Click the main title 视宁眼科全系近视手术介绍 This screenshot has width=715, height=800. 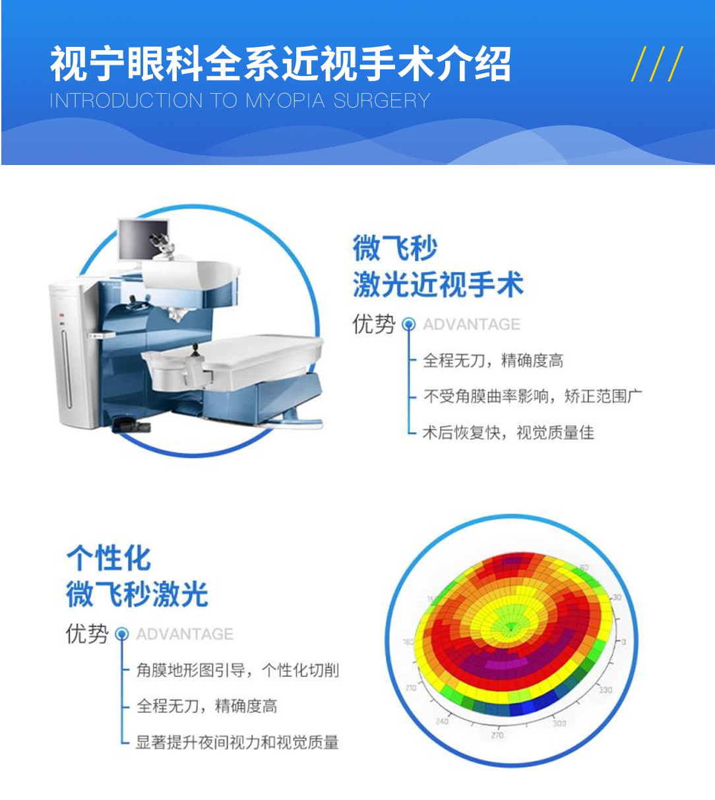pos(280,63)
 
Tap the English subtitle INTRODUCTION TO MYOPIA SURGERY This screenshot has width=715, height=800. pos(240,100)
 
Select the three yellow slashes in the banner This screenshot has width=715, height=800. pos(656,64)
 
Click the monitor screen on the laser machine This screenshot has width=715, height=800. pos(144,240)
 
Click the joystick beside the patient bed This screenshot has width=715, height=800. pos(195,350)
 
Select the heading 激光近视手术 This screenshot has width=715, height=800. pos(438,284)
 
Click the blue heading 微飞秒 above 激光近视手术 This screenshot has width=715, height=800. pos(395,248)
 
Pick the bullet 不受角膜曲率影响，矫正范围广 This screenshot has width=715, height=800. pos(533,396)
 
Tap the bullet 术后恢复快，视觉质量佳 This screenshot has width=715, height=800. pos(509,432)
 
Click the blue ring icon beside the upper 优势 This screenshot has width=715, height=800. pos(408,324)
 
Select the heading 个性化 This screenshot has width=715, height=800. pos(109,558)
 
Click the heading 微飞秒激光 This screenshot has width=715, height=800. pos(137,594)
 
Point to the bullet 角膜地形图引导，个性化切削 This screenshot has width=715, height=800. pos(237,670)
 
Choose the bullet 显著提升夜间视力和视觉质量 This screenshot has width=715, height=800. pos(237,743)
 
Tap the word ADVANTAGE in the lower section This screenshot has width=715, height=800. pos(185,634)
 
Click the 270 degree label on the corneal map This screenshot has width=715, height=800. pos(497,735)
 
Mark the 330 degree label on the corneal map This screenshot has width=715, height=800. pos(606,690)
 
